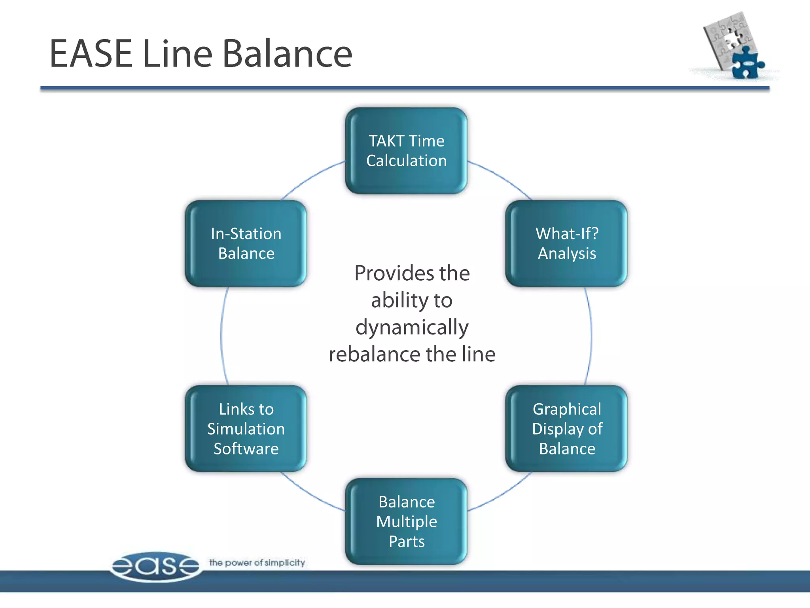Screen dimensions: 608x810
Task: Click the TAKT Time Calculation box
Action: click(x=406, y=151)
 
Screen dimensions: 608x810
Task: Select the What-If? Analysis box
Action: click(x=566, y=243)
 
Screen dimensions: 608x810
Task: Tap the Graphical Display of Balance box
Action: click(x=566, y=429)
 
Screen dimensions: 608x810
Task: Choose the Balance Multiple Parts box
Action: click(x=406, y=521)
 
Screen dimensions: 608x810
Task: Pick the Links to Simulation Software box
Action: click(x=246, y=429)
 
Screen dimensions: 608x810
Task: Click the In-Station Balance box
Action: click(x=246, y=243)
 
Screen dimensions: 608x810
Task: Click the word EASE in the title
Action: click(x=91, y=54)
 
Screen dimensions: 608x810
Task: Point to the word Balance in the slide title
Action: click(x=287, y=54)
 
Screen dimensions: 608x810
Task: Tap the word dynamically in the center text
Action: click(x=412, y=328)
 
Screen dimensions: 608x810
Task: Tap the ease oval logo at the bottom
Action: click(x=155, y=566)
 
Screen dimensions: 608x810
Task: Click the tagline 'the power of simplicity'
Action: click(x=257, y=562)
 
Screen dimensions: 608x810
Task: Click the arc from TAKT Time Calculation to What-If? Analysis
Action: click(x=502, y=179)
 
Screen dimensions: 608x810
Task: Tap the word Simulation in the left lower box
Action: click(x=246, y=429)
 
